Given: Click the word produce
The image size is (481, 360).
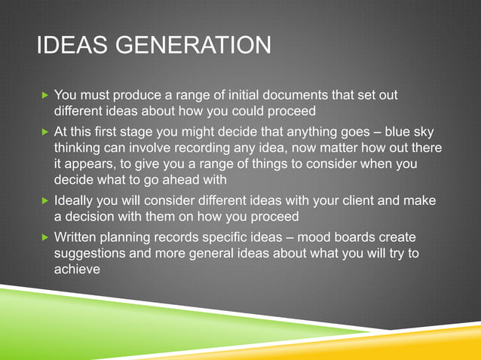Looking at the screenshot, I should pyautogui.click(x=147, y=95).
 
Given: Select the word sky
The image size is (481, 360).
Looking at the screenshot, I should pyautogui.click(x=425, y=130).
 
